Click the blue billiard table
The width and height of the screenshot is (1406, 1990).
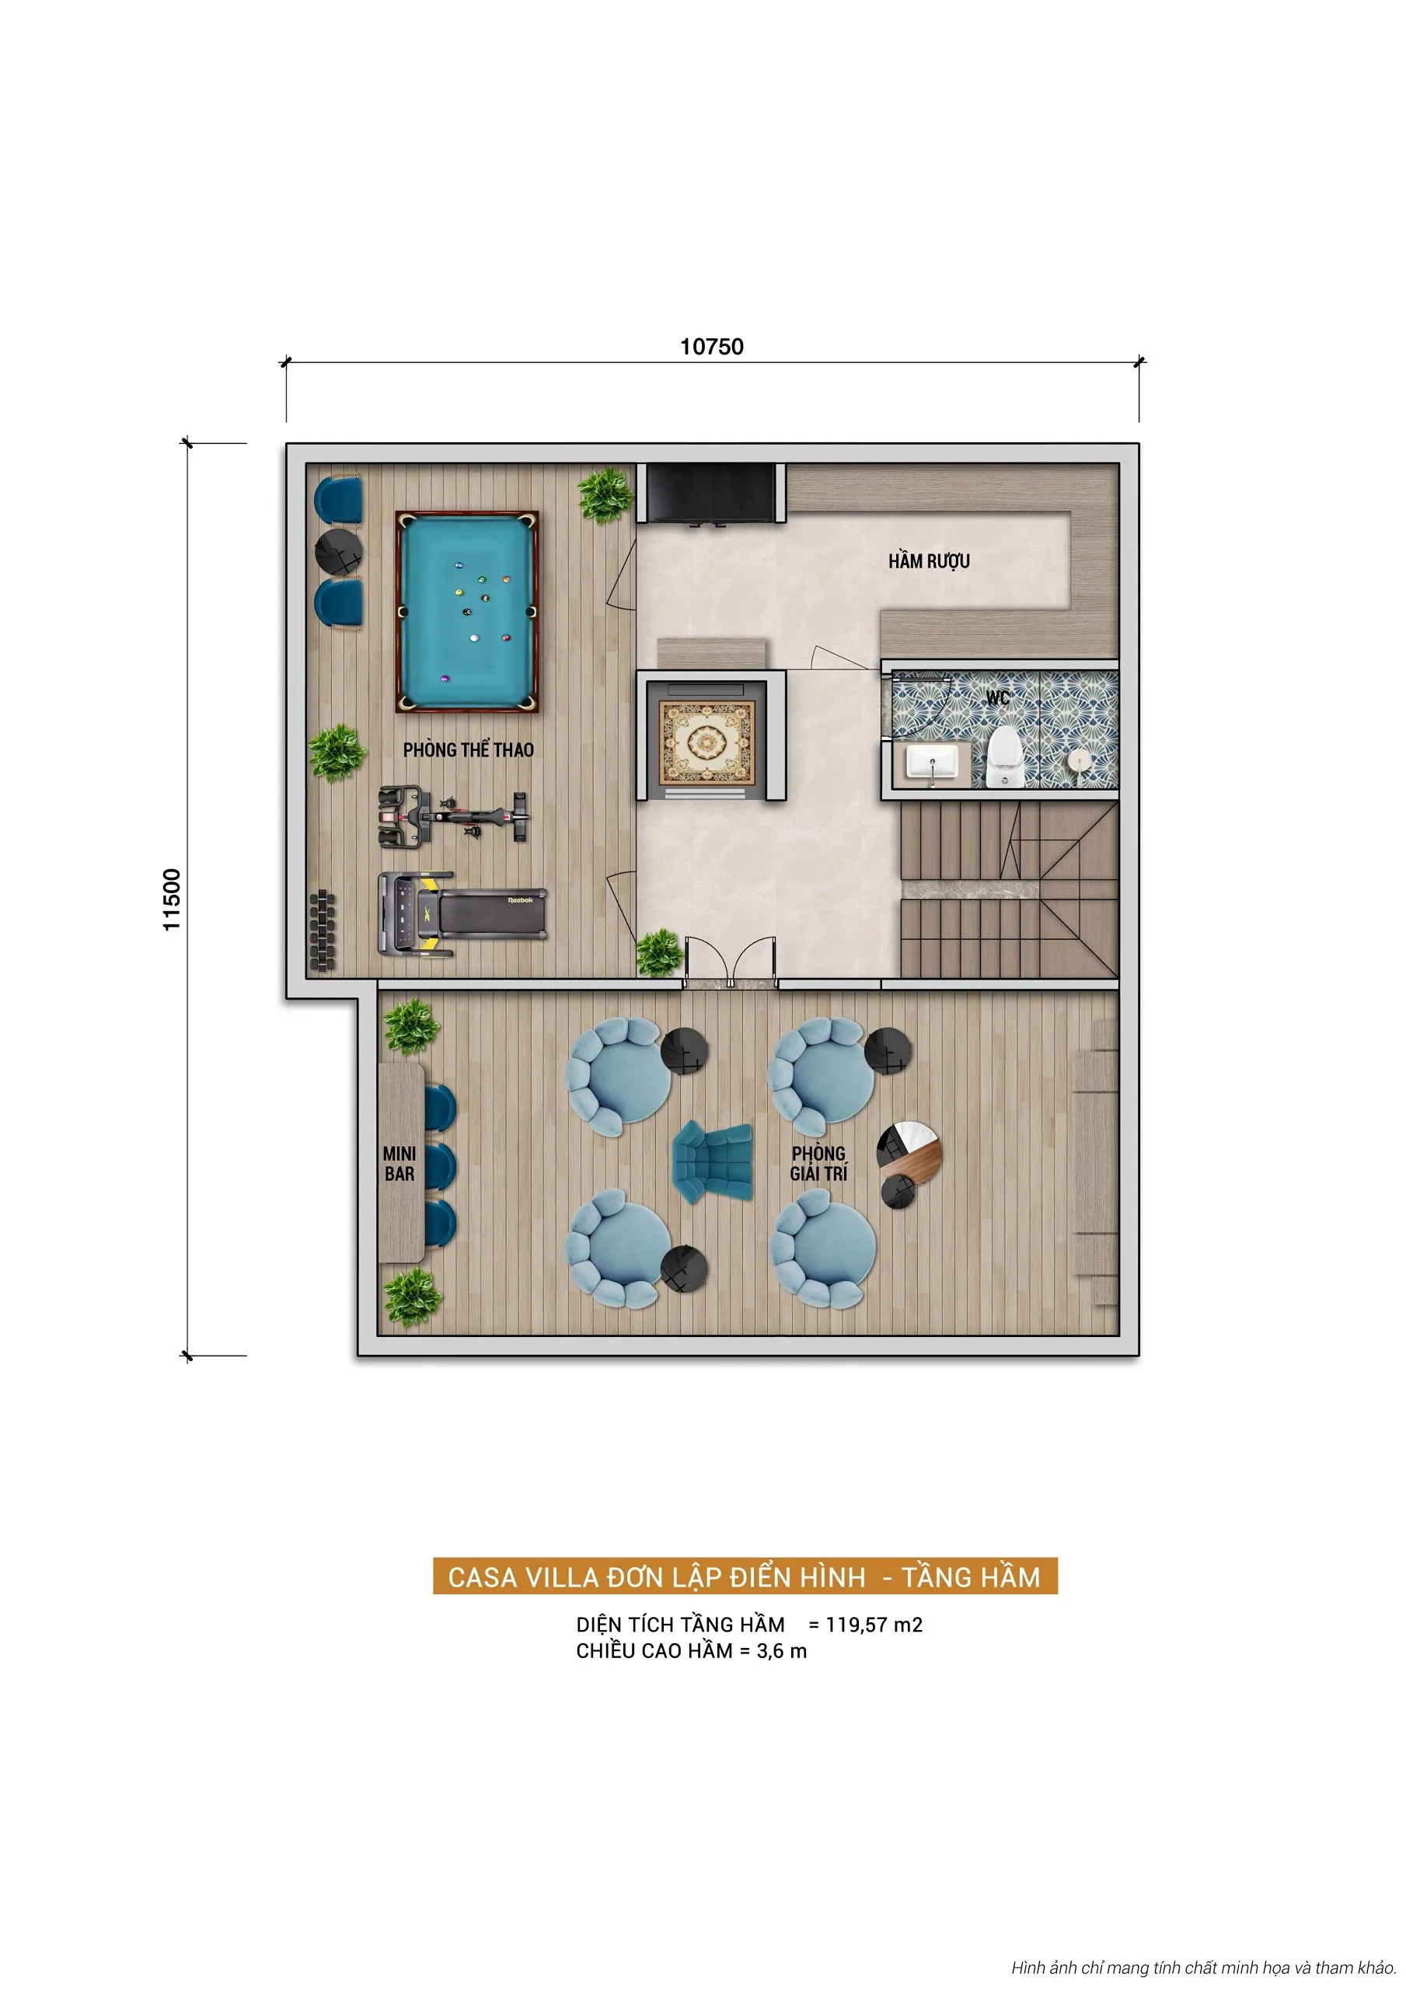(x=466, y=611)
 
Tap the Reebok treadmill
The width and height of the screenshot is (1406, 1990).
(x=462, y=913)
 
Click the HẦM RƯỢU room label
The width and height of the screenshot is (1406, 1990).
(x=928, y=562)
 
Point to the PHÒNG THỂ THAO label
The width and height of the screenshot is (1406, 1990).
(x=468, y=749)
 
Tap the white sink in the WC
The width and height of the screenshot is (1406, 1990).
(x=932, y=763)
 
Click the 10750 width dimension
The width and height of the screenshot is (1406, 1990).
(x=712, y=347)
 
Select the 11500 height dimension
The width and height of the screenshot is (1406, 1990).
(x=172, y=899)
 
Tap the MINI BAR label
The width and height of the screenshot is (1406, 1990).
(x=399, y=1163)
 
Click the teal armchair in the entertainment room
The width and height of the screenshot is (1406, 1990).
(x=713, y=1160)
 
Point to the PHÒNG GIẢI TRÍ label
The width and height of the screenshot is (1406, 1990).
(x=818, y=1163)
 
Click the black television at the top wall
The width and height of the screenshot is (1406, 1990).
(x=712, y=492)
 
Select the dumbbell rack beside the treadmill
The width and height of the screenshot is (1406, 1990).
(x=322, y=930)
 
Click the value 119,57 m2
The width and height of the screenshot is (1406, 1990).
(x=874, y=1624)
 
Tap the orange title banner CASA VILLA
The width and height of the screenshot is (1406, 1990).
(x=745, y=1576)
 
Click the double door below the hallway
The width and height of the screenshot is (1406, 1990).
(x=730, y=962)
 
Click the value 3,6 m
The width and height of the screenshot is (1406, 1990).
(x=781, y=1651)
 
